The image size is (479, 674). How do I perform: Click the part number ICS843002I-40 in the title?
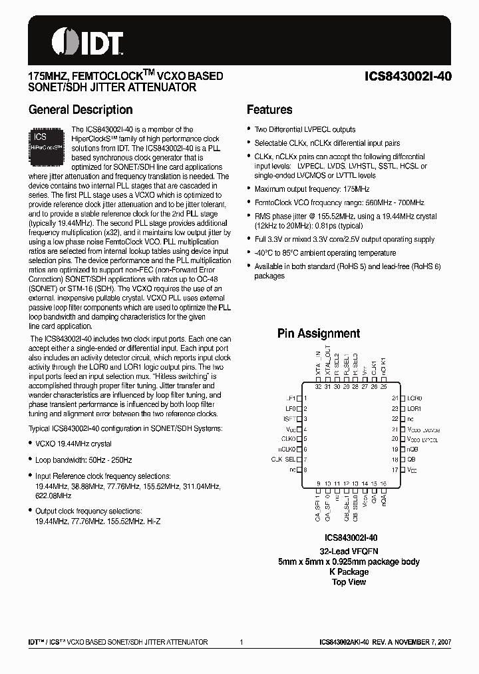coord(409,76)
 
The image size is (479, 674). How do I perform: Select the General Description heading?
coord(80,110)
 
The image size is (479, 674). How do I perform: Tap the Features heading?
coord(269,110)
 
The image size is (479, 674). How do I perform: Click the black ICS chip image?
coord(47,145)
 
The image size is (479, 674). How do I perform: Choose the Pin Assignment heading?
coord(319,334)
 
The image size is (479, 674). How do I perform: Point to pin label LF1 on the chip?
coord(290,398)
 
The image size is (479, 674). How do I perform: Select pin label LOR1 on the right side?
coord(414,408)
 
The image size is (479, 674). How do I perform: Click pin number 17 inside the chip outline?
coord(395,470)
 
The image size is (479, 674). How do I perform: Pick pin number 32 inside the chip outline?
coord(318,387)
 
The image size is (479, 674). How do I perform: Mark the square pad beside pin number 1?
coord(299,398)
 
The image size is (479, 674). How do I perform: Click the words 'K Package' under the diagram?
coord(349,572)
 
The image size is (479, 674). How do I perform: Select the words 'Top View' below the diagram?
coord(349,582)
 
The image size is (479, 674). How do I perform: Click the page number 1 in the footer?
coord(240,642)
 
